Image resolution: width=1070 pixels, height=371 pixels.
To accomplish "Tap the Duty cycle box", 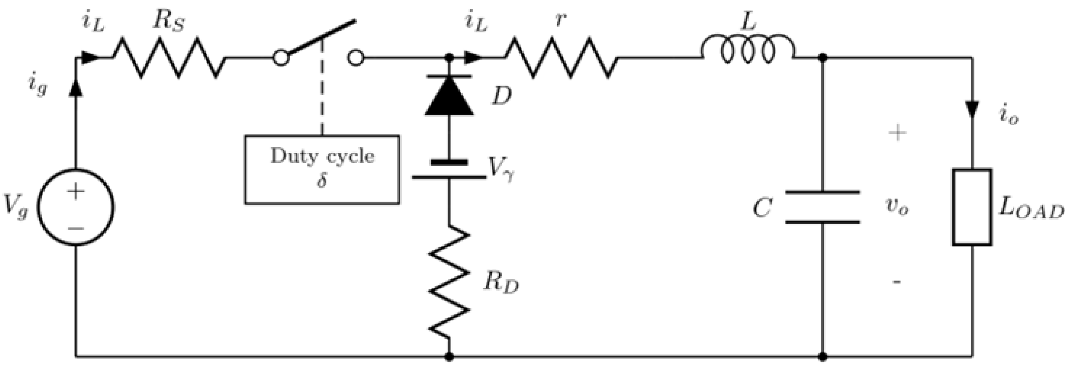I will [x=322, y=169].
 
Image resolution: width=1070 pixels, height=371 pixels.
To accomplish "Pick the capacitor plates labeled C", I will [x=822, y=207].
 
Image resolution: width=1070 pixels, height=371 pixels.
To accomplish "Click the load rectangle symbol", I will [x=972, y=207].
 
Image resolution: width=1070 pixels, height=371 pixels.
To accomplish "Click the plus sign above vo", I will [x=897, y=133].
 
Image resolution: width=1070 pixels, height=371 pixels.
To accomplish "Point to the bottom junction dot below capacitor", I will [x=822, y=356].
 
